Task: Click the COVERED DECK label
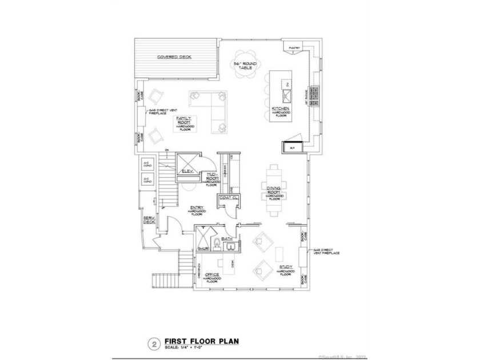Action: click(174, 57)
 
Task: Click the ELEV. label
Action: click(188, 171)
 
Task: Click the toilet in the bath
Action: click(216, 245)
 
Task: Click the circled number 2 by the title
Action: click(154, 343)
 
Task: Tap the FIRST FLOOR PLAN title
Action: click(201, 341)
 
